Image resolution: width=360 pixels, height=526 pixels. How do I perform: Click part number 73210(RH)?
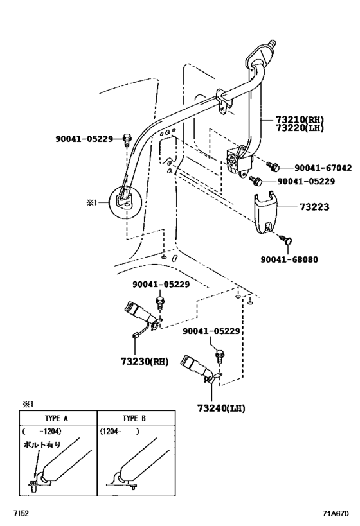[x=300, y=119]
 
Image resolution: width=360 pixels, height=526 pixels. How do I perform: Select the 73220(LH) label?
[x=300, y=128]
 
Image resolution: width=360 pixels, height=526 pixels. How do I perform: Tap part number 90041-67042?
[x=323, y=168]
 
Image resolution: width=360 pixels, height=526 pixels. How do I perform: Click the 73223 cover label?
[x=314, y=207]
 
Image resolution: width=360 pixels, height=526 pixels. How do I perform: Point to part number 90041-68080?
[x=289, y=259]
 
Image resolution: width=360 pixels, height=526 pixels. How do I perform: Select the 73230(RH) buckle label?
[x=145, y=362]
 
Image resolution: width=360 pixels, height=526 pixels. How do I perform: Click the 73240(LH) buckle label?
[x=221, y=408]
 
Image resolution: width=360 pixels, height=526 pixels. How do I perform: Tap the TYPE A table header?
[x=57, y=418]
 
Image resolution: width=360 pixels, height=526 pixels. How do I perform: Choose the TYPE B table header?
[x=134, y=418]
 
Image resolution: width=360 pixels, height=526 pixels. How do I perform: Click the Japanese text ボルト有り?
[x=42, y=445]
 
